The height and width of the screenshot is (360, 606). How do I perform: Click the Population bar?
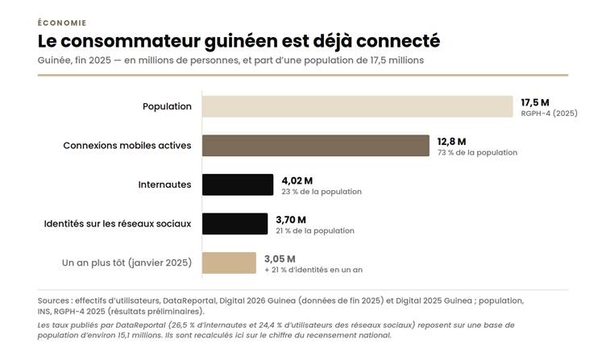pos(358,106)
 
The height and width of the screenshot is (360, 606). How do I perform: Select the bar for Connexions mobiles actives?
pos(316,146)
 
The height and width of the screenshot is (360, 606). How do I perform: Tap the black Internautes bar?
pos(238,184)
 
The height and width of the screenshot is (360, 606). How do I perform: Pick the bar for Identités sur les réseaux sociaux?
pos(235,224)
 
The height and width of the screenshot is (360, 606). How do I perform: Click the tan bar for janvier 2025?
pos(229,263)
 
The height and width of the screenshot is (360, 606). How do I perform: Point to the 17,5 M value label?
pos(535,103)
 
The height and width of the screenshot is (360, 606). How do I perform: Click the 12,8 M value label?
pos(451,142)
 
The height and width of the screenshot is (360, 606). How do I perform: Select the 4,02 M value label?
pos(297,180)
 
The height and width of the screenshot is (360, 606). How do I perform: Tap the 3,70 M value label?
pos(291,220)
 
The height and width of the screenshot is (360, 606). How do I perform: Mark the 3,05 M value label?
pos(280,259)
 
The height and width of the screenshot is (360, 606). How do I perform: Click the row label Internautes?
pos(164,184)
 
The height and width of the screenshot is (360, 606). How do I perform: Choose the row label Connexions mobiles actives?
pos(127,146)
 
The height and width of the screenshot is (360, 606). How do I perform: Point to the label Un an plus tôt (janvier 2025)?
pos(127,263)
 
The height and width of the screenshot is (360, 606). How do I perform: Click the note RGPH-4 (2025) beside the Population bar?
pos(550,114)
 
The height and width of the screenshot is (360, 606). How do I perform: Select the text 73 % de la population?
pos(477,152)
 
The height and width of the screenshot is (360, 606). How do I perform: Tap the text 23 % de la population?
pos(322,192)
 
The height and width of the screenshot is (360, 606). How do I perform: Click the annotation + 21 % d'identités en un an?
pos(313,270)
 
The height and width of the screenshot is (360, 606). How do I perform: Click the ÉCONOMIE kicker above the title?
pos(62,23)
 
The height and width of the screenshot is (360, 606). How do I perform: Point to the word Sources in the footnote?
pos(53,300)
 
